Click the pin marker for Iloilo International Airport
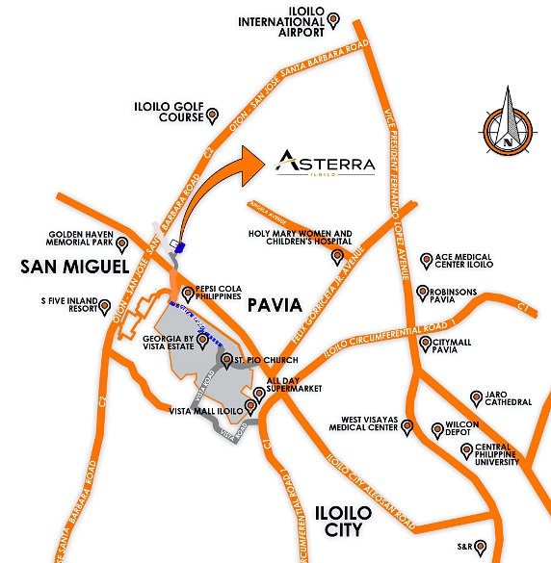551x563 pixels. pyautogui.click(x=333, y=18)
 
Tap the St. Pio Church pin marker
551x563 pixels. pyautogui.click(x=227, y=362)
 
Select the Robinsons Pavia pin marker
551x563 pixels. pyautogui.click(x=421, y=291)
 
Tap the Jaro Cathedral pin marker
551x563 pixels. pyautogui.click(x=474, y=397)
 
